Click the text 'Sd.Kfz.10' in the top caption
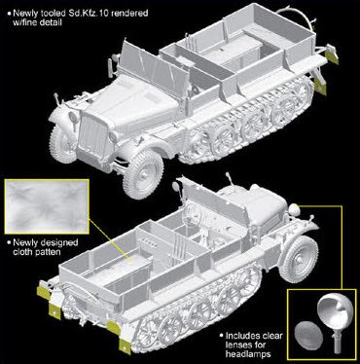coord(79,14)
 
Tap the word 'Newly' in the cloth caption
coord(24,242)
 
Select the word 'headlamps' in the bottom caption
coord(248,353)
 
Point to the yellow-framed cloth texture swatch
coord(47,206)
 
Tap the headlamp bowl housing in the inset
coord(334,312)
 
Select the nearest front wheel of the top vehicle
coord(143,174)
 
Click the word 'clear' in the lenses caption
coord(271,336)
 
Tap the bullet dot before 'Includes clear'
coord(221,335)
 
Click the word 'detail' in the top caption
coord(51,22)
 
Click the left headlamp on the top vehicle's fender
coord(72,117)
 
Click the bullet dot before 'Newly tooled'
coord(9,13)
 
